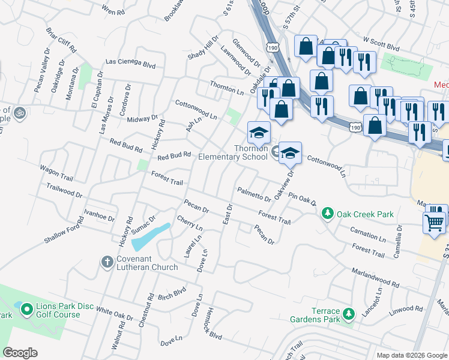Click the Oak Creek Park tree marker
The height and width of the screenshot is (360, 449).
tap(328, 214)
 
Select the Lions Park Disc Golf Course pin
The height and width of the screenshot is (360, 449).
tap(26, 310)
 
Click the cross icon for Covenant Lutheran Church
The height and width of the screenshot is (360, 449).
tap(107, 262)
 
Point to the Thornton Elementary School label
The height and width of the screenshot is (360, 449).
tap(233, 152)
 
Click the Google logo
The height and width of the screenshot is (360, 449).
tap(20, 353)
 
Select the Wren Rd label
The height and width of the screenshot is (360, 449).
tap(113, 10)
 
